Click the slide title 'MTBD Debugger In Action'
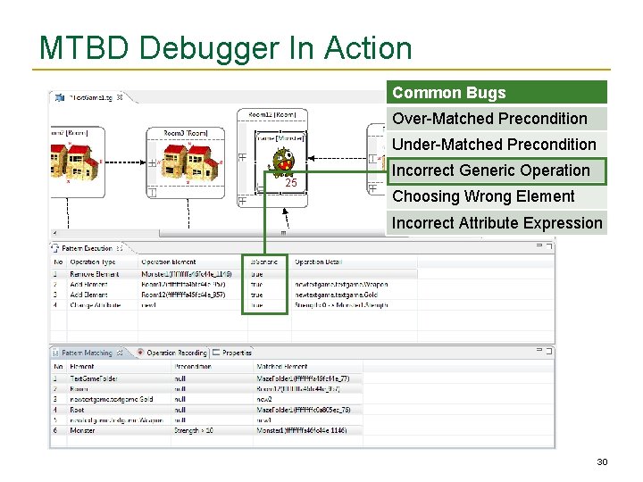225,47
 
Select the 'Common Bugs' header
448,93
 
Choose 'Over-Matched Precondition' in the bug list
489,119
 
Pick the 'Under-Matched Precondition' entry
494,145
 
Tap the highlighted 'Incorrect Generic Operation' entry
490,170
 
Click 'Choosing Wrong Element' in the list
483,196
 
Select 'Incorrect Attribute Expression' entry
497,223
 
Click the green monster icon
283,162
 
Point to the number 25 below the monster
290,183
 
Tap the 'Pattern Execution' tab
86,248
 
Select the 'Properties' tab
237,353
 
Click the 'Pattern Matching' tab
86,353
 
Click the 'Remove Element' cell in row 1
94,274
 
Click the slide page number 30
602,461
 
